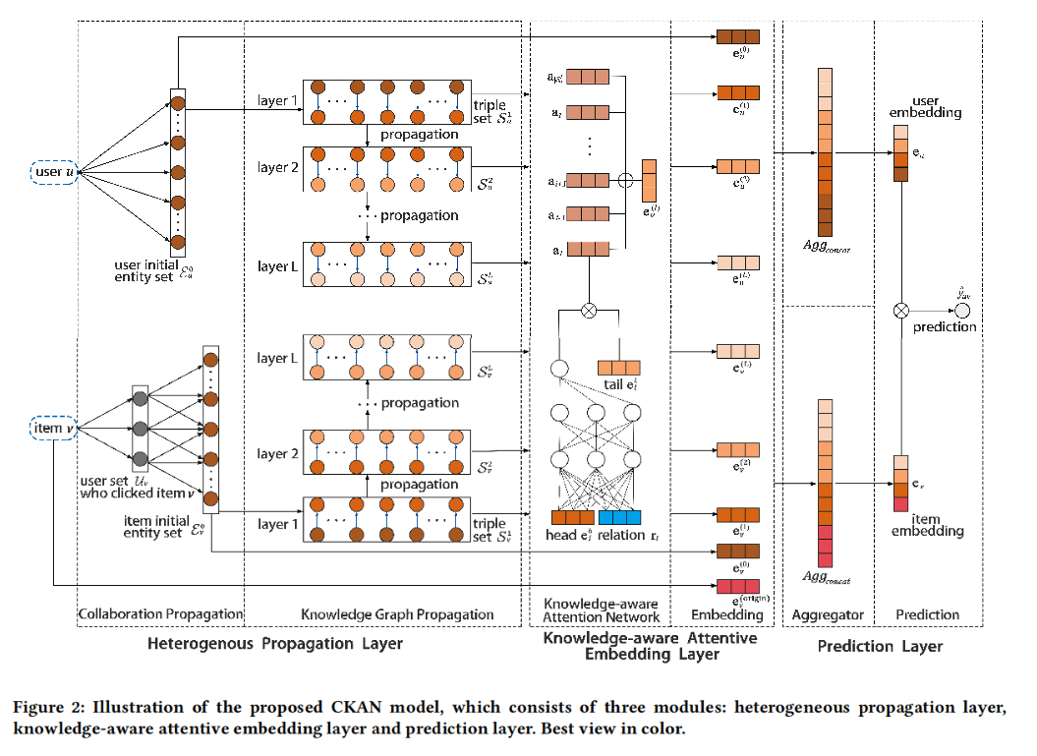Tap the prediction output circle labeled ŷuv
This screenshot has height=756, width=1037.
pos(961,311)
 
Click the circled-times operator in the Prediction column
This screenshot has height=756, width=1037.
pos(899,311)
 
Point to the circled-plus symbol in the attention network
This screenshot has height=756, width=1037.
pos(624,180)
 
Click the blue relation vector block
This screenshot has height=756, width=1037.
pos(618,517)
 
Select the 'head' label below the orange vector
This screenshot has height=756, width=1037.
pos(564,536)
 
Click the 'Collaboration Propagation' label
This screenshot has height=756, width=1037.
pos(160,614)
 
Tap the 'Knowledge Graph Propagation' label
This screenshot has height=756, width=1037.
pos(397,615)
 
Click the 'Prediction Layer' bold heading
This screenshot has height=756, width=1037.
pos(880,646)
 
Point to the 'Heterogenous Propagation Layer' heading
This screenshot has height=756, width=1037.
pos(274,645)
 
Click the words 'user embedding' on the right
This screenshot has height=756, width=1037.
pos(937,106)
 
